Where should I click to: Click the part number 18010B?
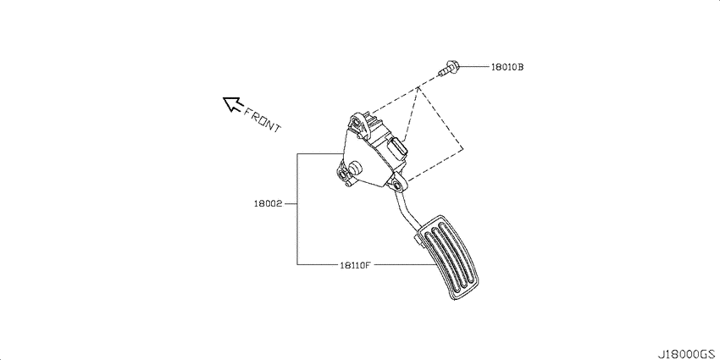point(507,67)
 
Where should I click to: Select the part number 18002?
point(269,203)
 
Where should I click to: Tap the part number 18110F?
point(355,265)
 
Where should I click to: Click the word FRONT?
point(261,119)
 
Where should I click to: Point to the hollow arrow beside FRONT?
point(232,104)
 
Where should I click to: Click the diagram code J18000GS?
point(687,355)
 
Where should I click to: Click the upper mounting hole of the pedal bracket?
point(356,123)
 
